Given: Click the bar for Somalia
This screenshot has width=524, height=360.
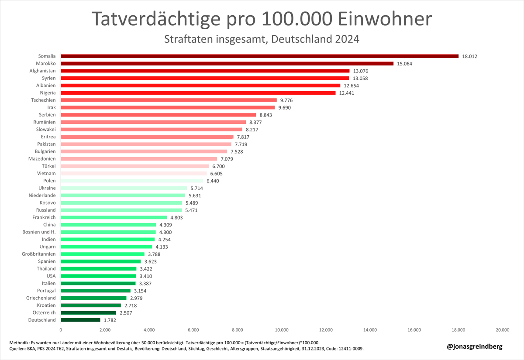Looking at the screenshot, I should point(259,56).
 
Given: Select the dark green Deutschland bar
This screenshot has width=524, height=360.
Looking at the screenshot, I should point(80,320).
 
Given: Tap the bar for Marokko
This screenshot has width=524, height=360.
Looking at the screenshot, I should point(227,63).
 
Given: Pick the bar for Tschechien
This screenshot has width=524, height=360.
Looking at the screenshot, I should point(169,100).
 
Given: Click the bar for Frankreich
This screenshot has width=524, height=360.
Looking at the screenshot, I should point(114,217).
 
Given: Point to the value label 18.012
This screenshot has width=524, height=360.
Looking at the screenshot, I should point(472,56).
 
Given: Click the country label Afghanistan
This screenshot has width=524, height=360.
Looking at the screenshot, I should point(42,71).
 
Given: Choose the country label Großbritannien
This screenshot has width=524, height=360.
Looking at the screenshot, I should point(39,254).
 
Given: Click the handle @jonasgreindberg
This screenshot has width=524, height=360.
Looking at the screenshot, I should point(475,346).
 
